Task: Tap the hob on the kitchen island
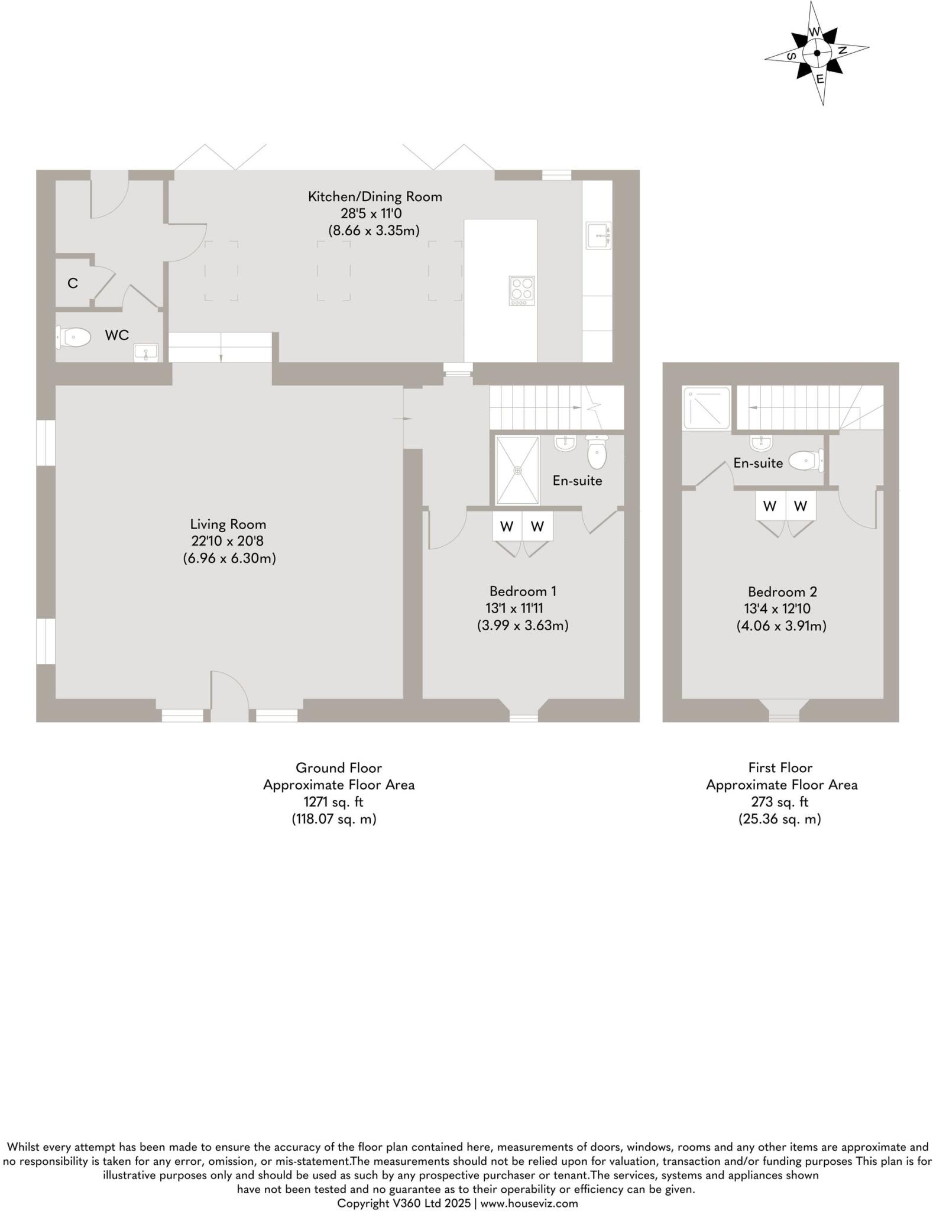521,291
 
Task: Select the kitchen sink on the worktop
598,235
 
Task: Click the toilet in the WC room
73,338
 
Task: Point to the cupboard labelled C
73,283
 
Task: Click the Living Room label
228,524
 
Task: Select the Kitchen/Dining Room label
374,196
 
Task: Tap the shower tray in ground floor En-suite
517,471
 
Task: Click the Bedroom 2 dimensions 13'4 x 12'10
777,608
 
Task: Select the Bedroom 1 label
522,591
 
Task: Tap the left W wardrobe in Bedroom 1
507,526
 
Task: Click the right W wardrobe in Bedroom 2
800,506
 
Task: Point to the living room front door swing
228,692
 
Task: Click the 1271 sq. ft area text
333,802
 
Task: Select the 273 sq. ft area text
779,802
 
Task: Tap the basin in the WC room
145,352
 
